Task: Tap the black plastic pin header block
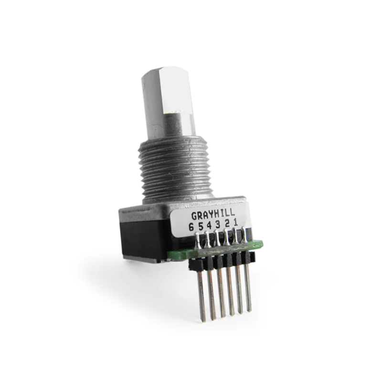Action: (222, 262)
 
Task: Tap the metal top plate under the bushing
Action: (153, 204)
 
